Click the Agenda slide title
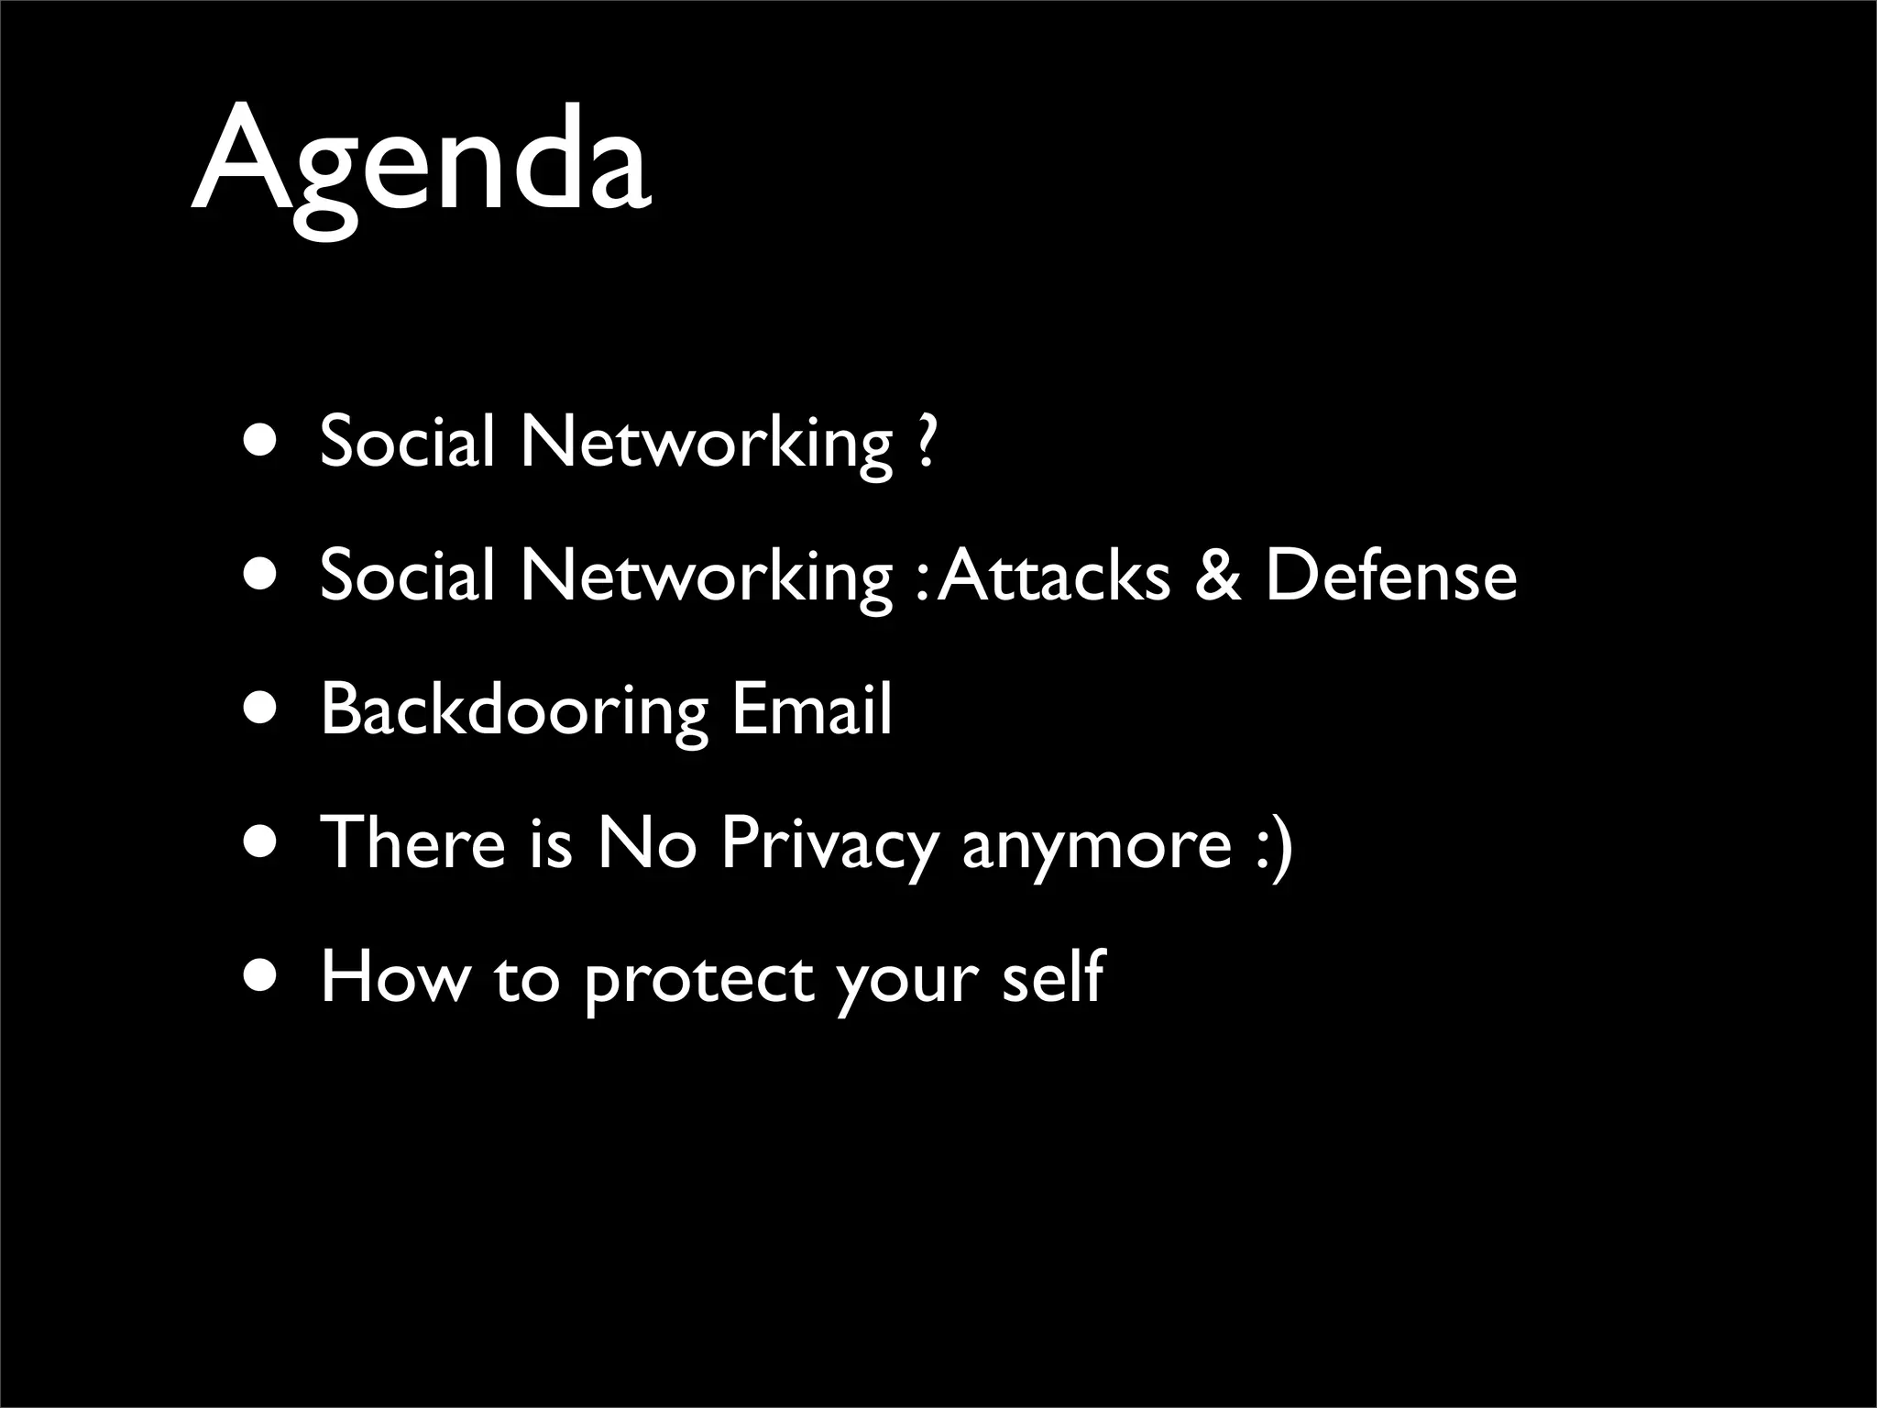click(x=422, y=165)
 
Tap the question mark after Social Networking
click(x=926, y=442)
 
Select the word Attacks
click(x=1054, y=576)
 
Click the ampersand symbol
click(x=1217, y=576)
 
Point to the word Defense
click(x=1390, y=576)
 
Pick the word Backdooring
click(x=514, y=710)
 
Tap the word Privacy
click(x=829, y=843)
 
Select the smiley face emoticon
click(x=1275, y=843)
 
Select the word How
click(x=394, y=976)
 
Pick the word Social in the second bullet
click(x=407, y=576)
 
